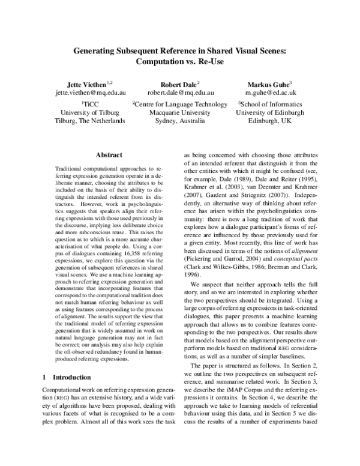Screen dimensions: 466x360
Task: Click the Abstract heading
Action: [109, 154]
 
